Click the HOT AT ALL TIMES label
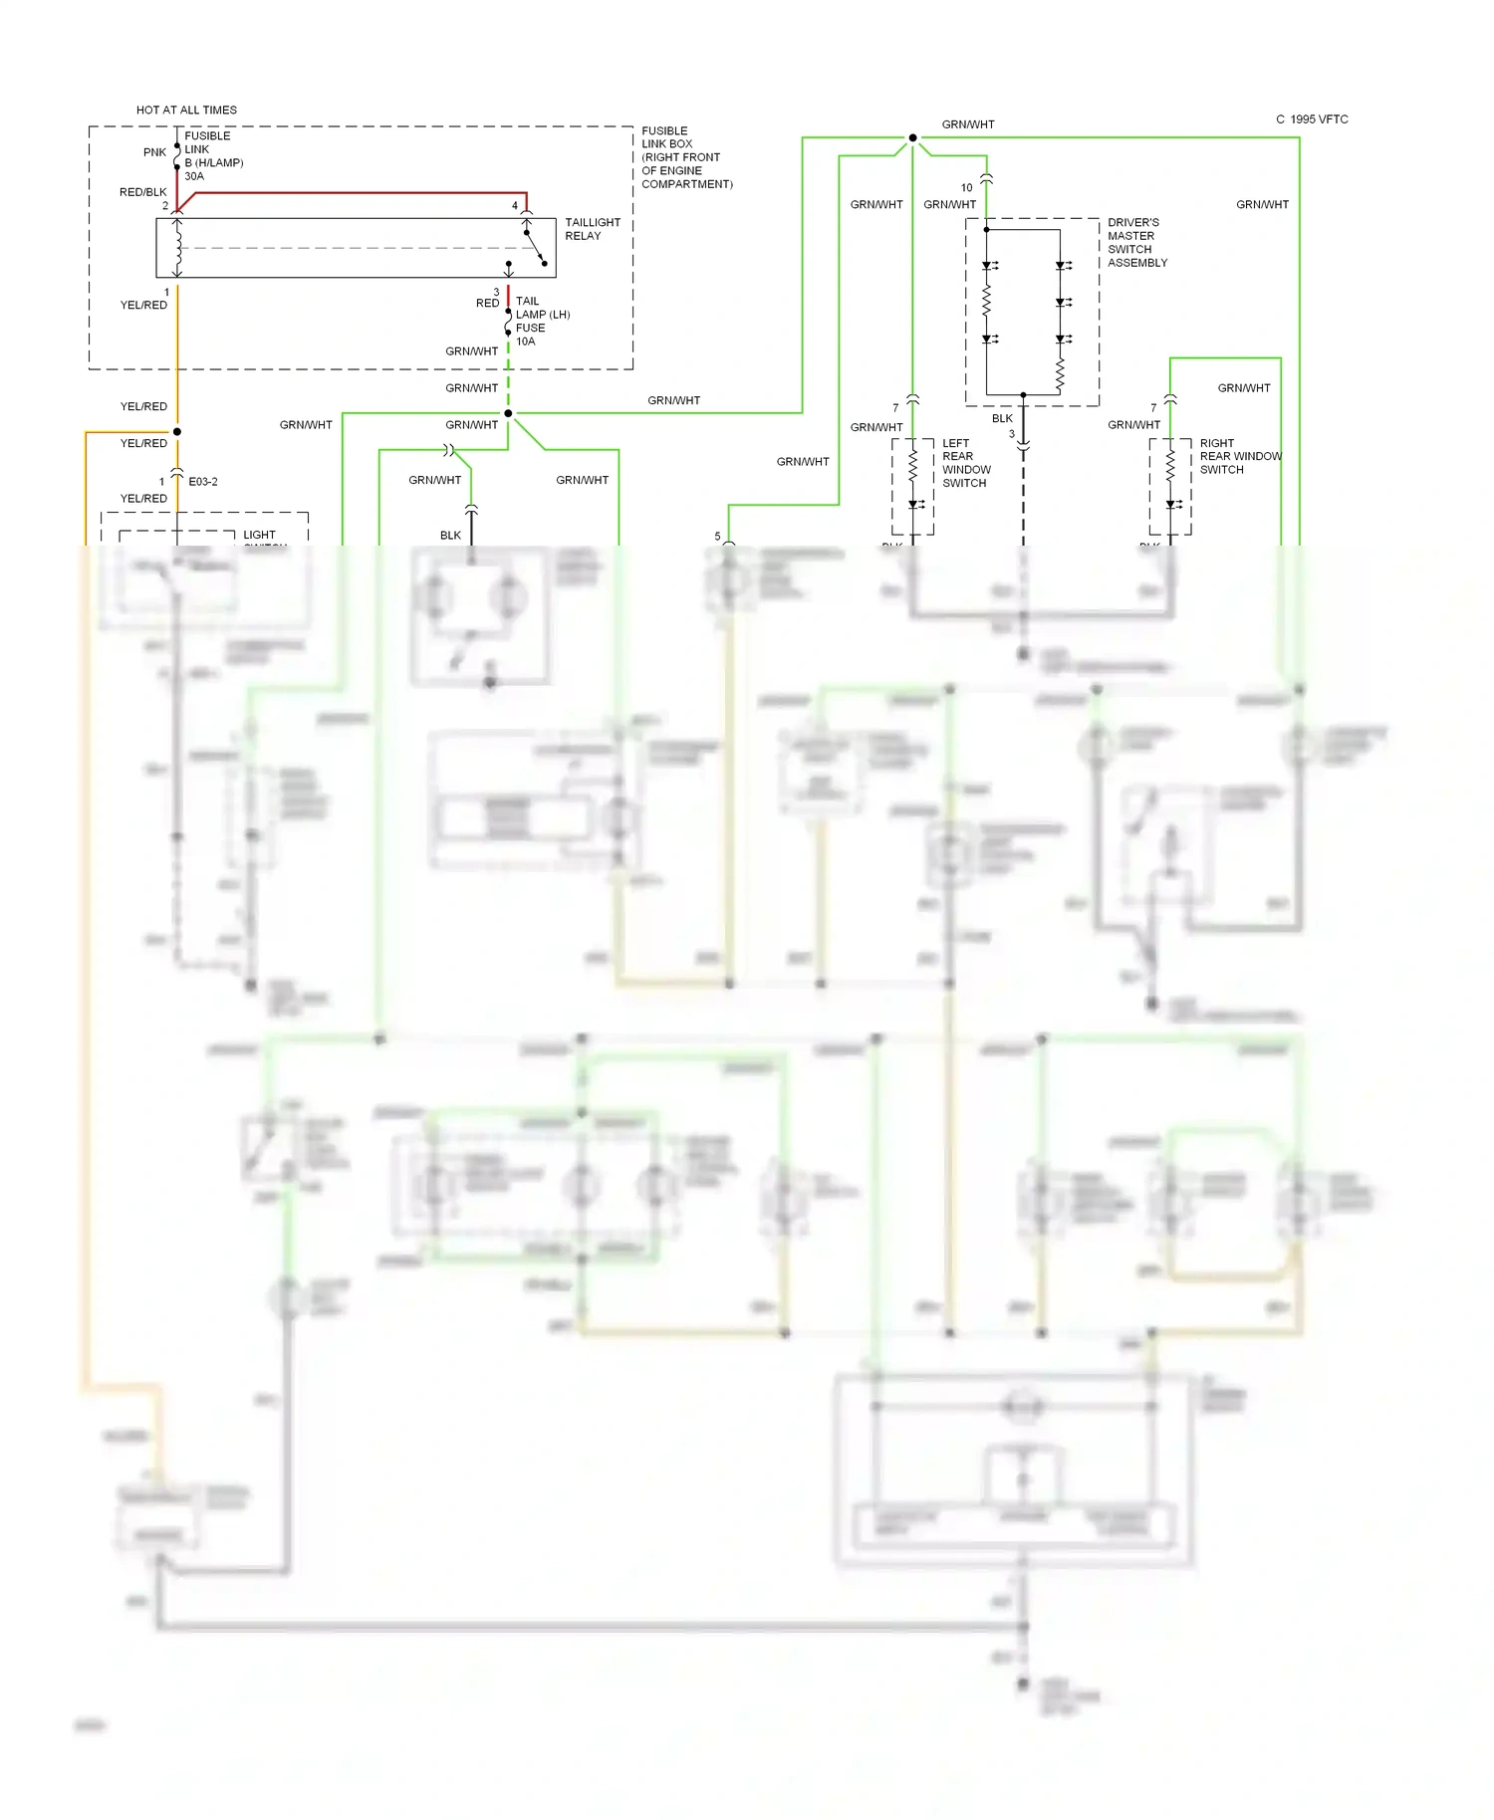point(186,110)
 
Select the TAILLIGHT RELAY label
point(592,229)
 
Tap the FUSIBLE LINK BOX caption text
point(685,157)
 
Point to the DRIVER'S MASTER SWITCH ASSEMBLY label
point(1136,243)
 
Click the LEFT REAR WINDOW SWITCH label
point(965,463)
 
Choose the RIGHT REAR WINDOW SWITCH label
point(1239,456)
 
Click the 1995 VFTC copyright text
point(1312,119)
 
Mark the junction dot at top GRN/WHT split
point(912,137)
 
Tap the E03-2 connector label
point(203,482)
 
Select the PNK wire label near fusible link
point(154,152)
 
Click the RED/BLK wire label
point(142,192)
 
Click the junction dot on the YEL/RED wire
point(177,432)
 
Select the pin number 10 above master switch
point(966,187)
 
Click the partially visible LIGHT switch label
point(259,536)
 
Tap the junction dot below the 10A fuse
point(508,413)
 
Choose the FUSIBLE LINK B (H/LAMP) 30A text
point(212,156)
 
